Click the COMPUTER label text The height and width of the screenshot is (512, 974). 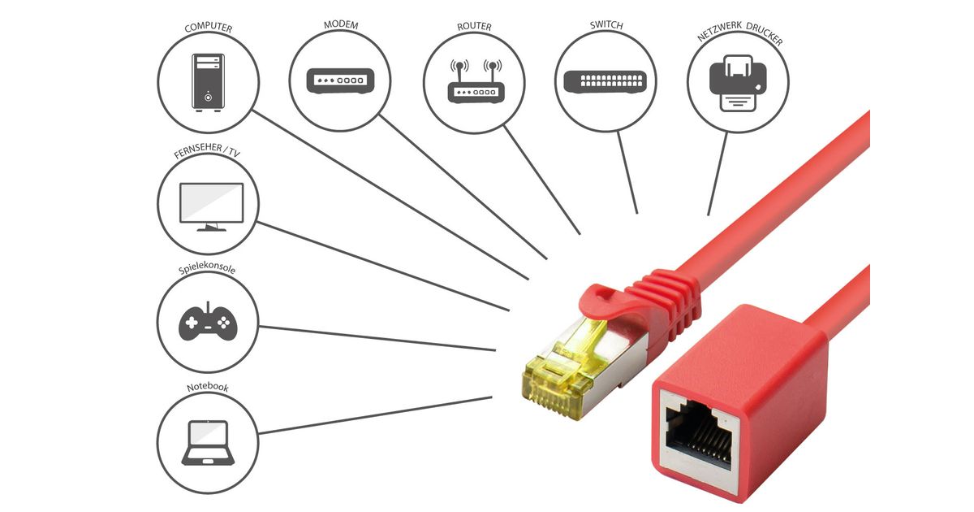click(x=209, y=28)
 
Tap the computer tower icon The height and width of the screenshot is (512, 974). click(x=208, y=80)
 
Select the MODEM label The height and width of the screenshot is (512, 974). click(x=340, y=25)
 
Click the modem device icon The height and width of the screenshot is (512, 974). click(x=340, y=81)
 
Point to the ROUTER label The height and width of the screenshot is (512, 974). click(x=474, y=27)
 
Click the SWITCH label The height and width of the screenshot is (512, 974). click(x=606, y=25)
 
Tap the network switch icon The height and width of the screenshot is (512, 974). click(x=606, y=81)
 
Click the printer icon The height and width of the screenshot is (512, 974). click(x=738, y=81)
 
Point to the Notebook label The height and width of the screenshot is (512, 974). click(x=207, y=388)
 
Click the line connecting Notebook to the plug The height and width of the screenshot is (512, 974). click(x=373, y=415)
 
